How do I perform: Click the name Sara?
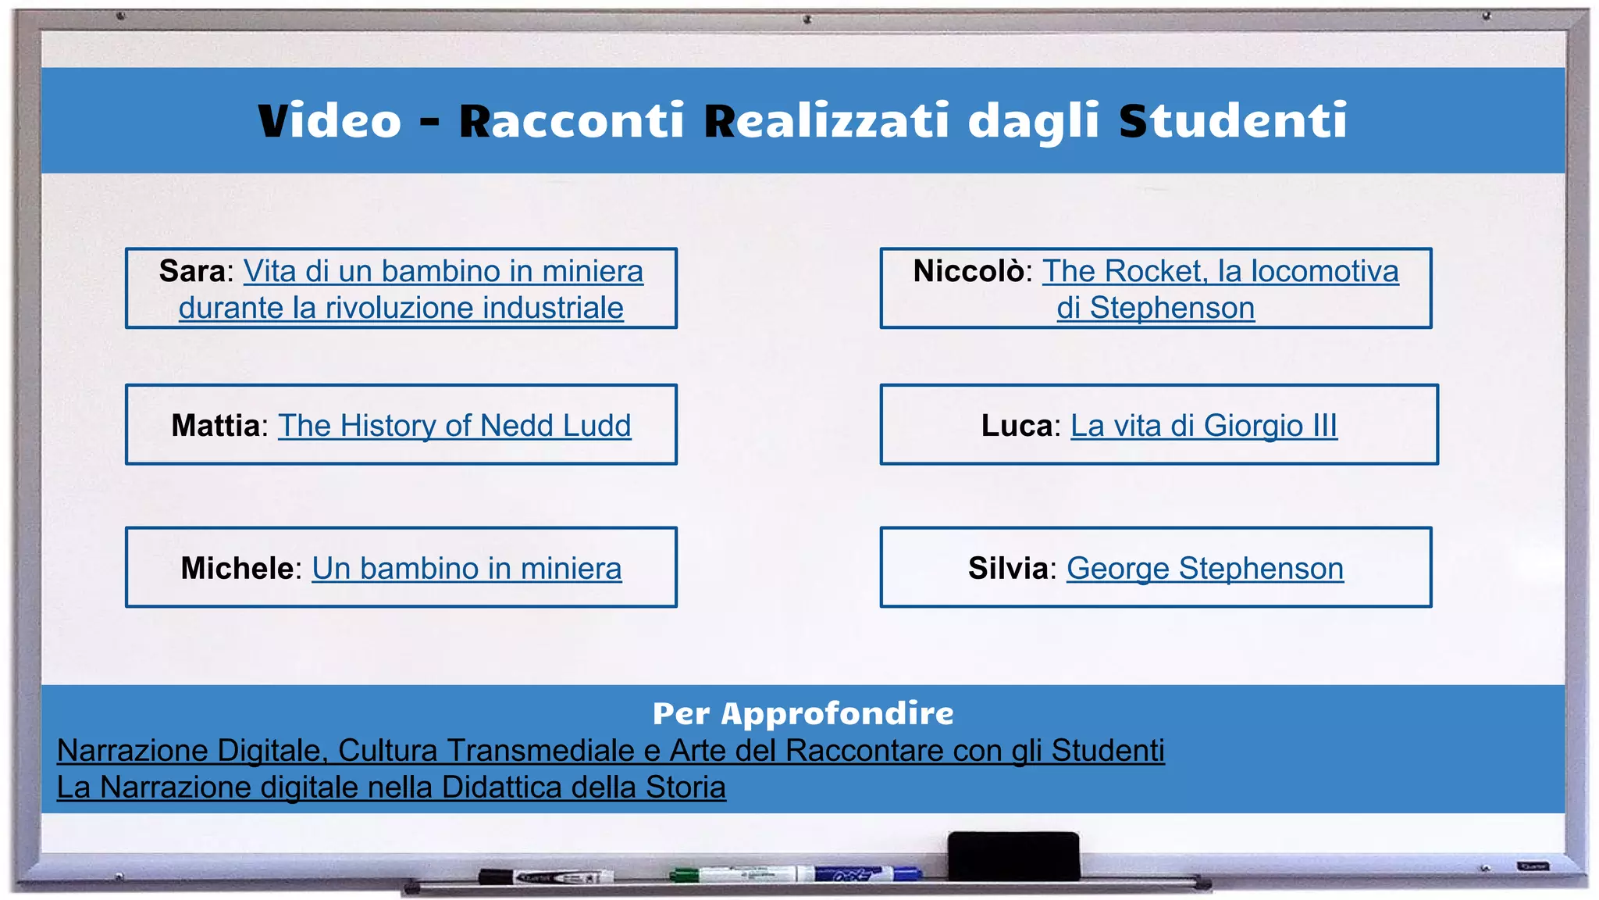[192, 271]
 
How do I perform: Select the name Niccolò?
[968, 271]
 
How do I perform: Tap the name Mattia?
[215, 426]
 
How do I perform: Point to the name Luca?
[1017, 426]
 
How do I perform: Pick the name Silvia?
[1007, 569]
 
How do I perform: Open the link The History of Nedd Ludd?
[454, 426]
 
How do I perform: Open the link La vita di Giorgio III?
[1203, 426]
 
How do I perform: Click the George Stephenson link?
[1205, 569]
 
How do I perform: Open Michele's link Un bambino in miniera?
[467, 569]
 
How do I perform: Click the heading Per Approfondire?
[803, 713]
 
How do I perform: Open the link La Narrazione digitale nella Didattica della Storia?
[391, 787]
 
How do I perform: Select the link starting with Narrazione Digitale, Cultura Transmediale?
[611, 751]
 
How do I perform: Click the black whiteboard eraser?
[1013, 855]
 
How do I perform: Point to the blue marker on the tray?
[867, 873]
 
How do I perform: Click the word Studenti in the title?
[1233, 121]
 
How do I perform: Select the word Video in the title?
[329, 121]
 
